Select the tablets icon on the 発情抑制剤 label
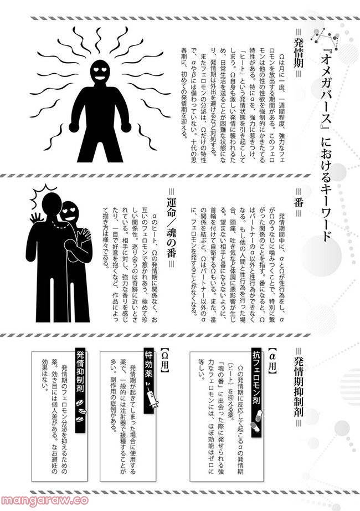point(80,410)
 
